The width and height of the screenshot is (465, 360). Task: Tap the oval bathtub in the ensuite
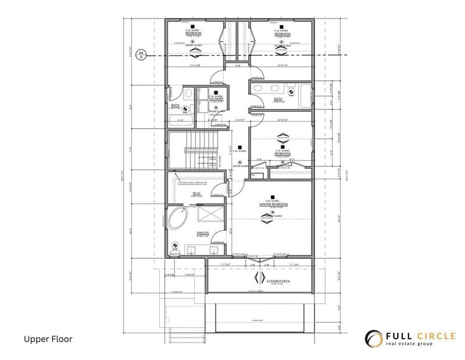179,220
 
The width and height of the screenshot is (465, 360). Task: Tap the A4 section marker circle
140,55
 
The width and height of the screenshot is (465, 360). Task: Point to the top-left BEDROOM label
194,34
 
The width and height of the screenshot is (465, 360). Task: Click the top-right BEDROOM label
282,34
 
